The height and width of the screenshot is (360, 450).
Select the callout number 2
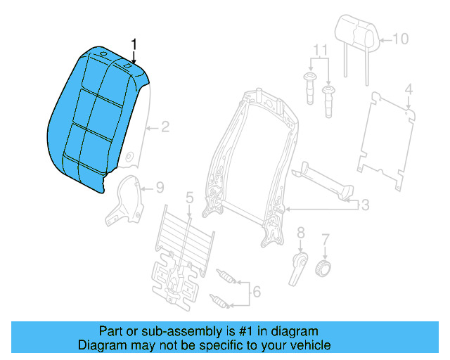pyautogui.click(x=165, y=127)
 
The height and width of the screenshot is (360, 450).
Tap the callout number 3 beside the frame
pyautogui.click(x=365, y=205)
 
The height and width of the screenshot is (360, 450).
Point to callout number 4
pyautogui.click(x=409, y=89)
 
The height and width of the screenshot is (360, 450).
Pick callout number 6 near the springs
pyautogui.click(x=257, y=291)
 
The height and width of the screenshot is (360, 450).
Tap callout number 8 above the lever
pyautogui.click(x=300, y=232)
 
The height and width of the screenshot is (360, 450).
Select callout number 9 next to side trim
pyautogui.click(x=160, y=188)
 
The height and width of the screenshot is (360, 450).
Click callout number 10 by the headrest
pyautogui.click(x=399, y=39)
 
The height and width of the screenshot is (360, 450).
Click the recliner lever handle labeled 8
pyautogui.click(x=297, y=268)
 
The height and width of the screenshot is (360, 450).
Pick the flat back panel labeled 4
pyautogui.click(x=383, y=141)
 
